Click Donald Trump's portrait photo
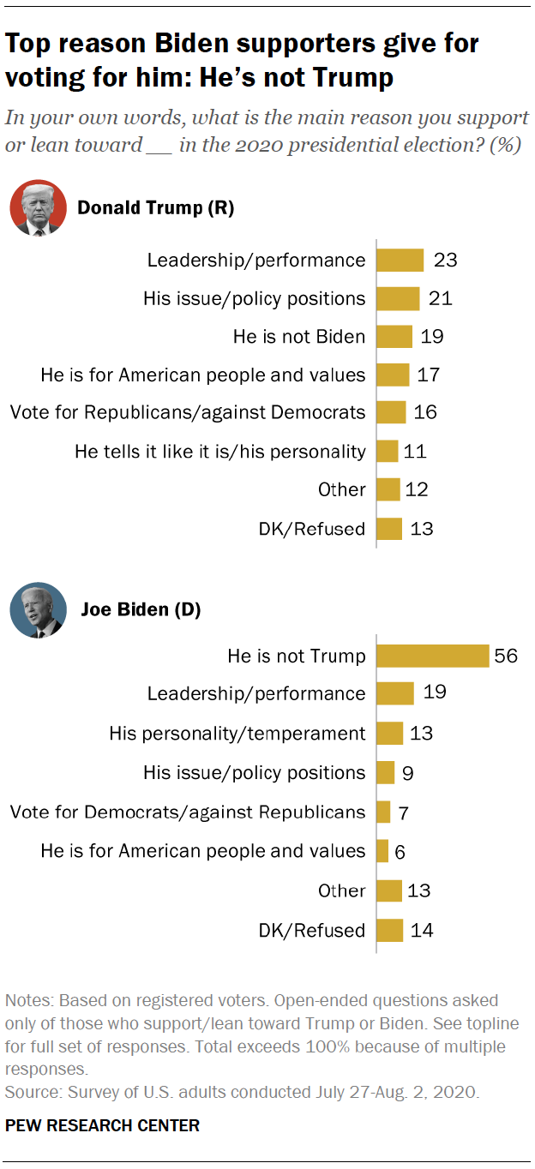coord(38,208)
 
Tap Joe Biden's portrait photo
coord(38,609)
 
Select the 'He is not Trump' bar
coord(433,656)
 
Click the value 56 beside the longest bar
coord(506,656)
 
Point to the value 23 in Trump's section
coord(445,260)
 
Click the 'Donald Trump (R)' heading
coord(155,207)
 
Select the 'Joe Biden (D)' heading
coord(141,609)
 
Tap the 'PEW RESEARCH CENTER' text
coord(102,1125)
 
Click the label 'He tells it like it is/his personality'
coord(219,451)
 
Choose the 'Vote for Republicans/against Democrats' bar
coord(392,412)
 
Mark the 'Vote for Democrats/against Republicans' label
coord(188,812)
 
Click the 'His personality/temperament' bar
coord(390,734)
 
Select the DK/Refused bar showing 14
coord(390,930)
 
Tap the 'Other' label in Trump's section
coord(341,489)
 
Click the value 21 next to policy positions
coord(440,298)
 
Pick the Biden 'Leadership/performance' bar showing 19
coord(396,693)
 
